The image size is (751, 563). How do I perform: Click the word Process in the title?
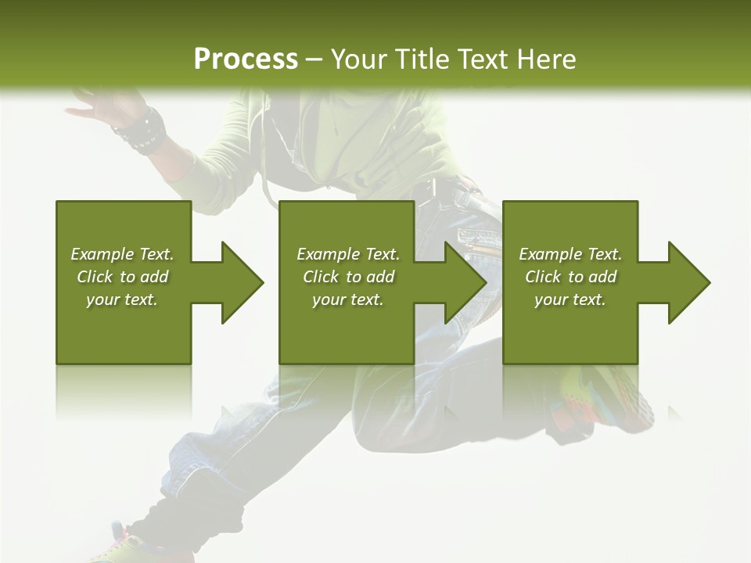246,59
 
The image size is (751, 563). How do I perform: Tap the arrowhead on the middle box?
465,282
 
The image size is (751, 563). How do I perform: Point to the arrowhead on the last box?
688,282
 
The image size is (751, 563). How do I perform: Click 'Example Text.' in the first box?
123,254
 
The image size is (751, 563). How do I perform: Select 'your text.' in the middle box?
347,299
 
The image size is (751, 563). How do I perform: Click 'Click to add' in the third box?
570,277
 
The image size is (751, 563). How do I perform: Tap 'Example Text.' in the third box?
570,254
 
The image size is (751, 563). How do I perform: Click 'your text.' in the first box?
122,299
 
